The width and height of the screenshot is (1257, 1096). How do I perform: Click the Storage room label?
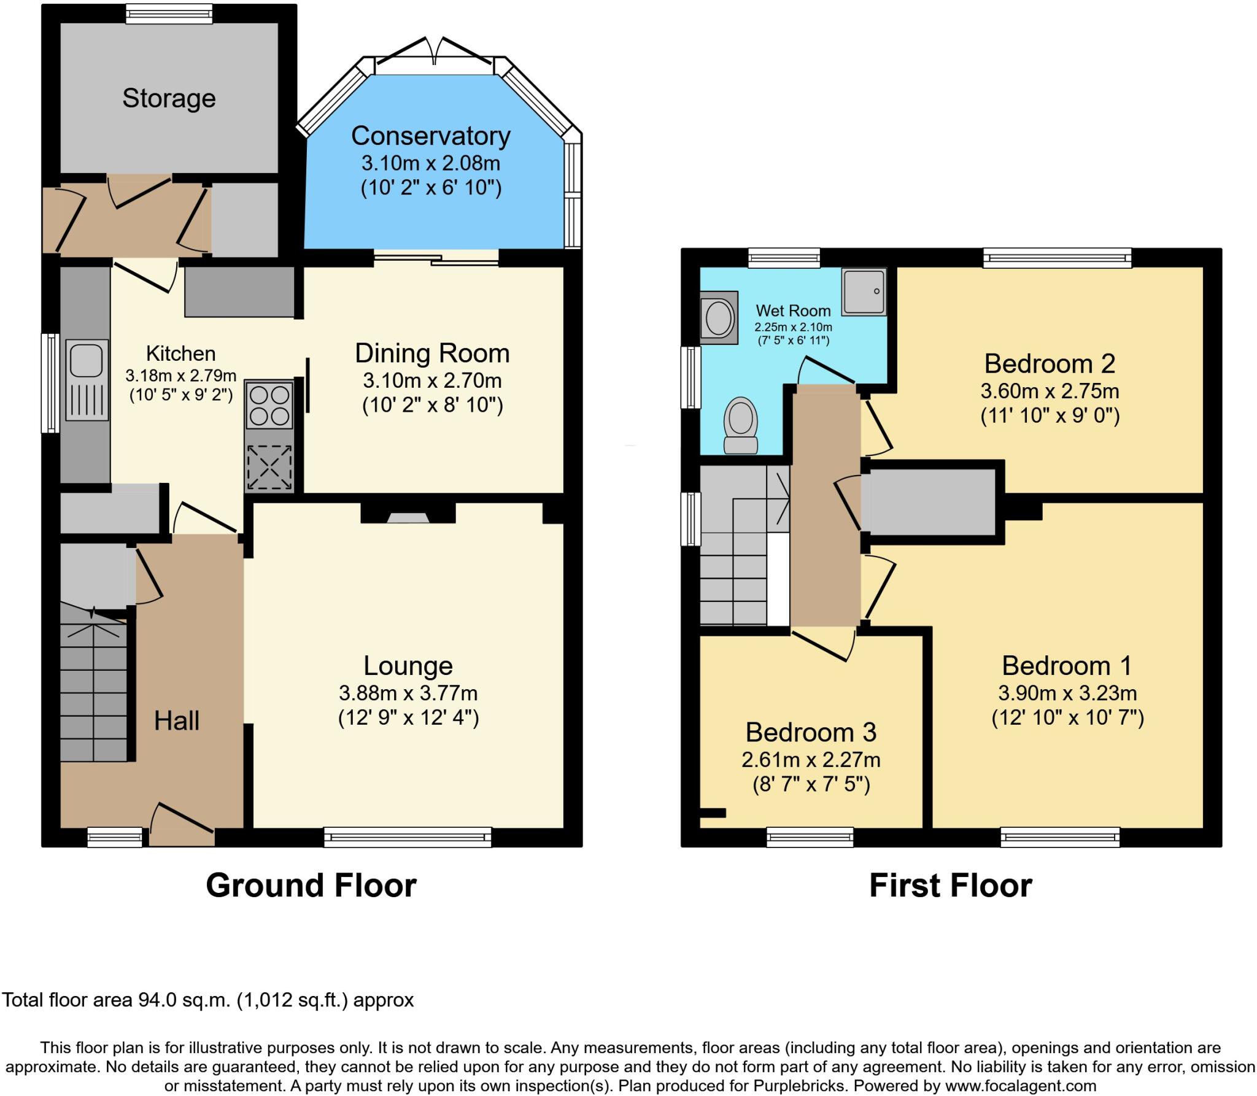[x=169, y=98]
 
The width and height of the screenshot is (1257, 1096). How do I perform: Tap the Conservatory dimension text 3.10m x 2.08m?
[x=430, y=163]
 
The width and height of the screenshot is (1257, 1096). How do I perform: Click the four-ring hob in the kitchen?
[x=269, y=404]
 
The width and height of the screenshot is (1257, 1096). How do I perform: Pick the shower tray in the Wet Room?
[x=864, y=291]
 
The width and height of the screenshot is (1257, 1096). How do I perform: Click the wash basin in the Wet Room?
[x=719, y=318]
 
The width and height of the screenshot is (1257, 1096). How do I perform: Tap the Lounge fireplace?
[x=408, y=517]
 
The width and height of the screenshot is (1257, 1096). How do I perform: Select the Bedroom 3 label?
[x=811, y=732]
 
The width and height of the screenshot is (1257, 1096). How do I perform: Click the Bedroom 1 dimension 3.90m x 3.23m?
[x=1067, y=693]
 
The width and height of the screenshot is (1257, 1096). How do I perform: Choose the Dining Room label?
[x=432, y=353]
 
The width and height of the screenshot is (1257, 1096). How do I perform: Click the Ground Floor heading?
[x=311, y=886]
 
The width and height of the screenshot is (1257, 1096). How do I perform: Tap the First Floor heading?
[x=950, y=886]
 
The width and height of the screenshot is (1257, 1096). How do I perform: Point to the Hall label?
[x=177, y=720]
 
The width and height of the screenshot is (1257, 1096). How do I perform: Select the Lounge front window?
[x=408, y=837]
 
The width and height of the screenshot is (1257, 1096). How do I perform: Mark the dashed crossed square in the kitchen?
[x=269, y=468]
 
